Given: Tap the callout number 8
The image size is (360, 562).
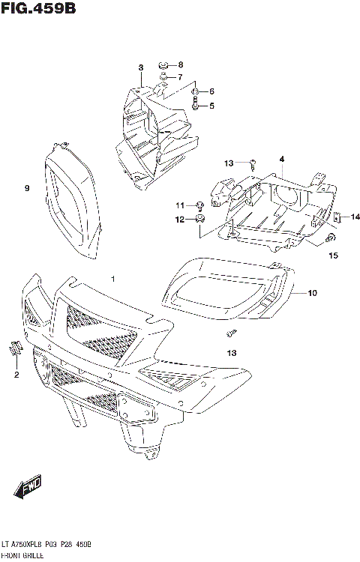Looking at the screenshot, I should (x=180, y=64).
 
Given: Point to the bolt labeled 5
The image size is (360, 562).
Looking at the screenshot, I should (x=196, y=105).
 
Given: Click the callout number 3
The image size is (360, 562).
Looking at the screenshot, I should (x=140, y=68).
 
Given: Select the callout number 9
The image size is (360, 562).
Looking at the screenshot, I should (x=26, y=188).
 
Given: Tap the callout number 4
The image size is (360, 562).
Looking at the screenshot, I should (x=282, y=159).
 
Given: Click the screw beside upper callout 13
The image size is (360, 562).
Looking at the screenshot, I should (x=253, y=163).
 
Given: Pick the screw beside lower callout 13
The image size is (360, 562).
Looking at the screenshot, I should (x=232, y=332).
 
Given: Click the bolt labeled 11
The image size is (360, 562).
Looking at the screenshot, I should (x=200, y=205).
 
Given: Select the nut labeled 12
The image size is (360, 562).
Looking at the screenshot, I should (x=200, y=219).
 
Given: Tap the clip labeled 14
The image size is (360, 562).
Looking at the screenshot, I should (x=337, y=217).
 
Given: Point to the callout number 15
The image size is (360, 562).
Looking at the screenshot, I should (x=333, y=256).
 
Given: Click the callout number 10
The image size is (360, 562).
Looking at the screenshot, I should (x=312, y=292).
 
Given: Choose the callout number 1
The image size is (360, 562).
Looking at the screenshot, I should (x=113, y=279).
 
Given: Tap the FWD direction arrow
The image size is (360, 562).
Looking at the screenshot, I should (x=31, y=489).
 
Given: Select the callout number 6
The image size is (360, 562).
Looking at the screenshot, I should (x=211, y=91).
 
